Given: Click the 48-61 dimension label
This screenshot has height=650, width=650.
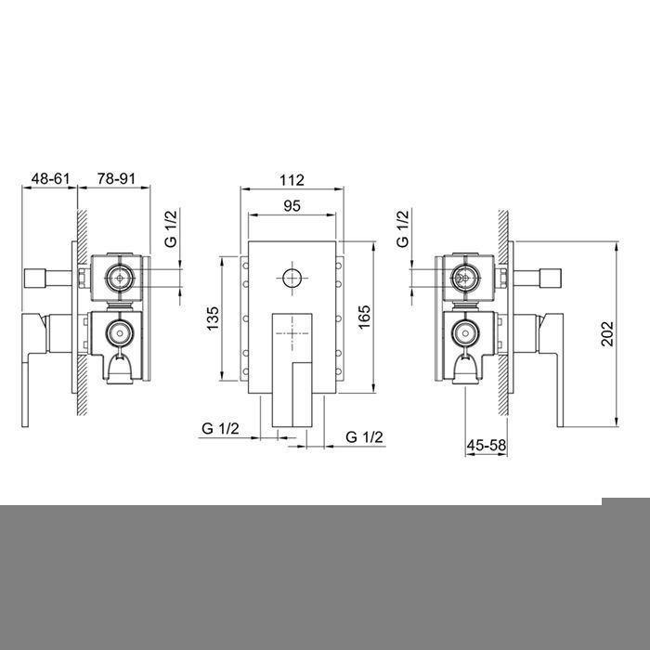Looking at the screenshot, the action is tap(50, 178).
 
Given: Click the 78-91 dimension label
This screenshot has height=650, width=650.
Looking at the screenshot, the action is tap(116, 178).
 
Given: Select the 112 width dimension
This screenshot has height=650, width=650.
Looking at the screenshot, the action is tap(292, 180).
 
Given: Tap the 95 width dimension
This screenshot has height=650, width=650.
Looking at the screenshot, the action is tap(292, 205).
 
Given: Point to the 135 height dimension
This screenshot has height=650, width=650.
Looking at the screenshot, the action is tap(213, 318).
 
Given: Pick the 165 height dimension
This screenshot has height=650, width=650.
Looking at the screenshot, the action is tap(364, 318).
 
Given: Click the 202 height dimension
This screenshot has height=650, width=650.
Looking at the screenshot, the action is tap(607, 333).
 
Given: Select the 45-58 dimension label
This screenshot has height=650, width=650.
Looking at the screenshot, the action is tap(487, 445).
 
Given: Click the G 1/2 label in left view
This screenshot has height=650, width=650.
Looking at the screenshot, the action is tap(171, 228).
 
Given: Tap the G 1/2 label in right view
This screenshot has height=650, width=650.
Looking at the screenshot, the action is tap(402, 228).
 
